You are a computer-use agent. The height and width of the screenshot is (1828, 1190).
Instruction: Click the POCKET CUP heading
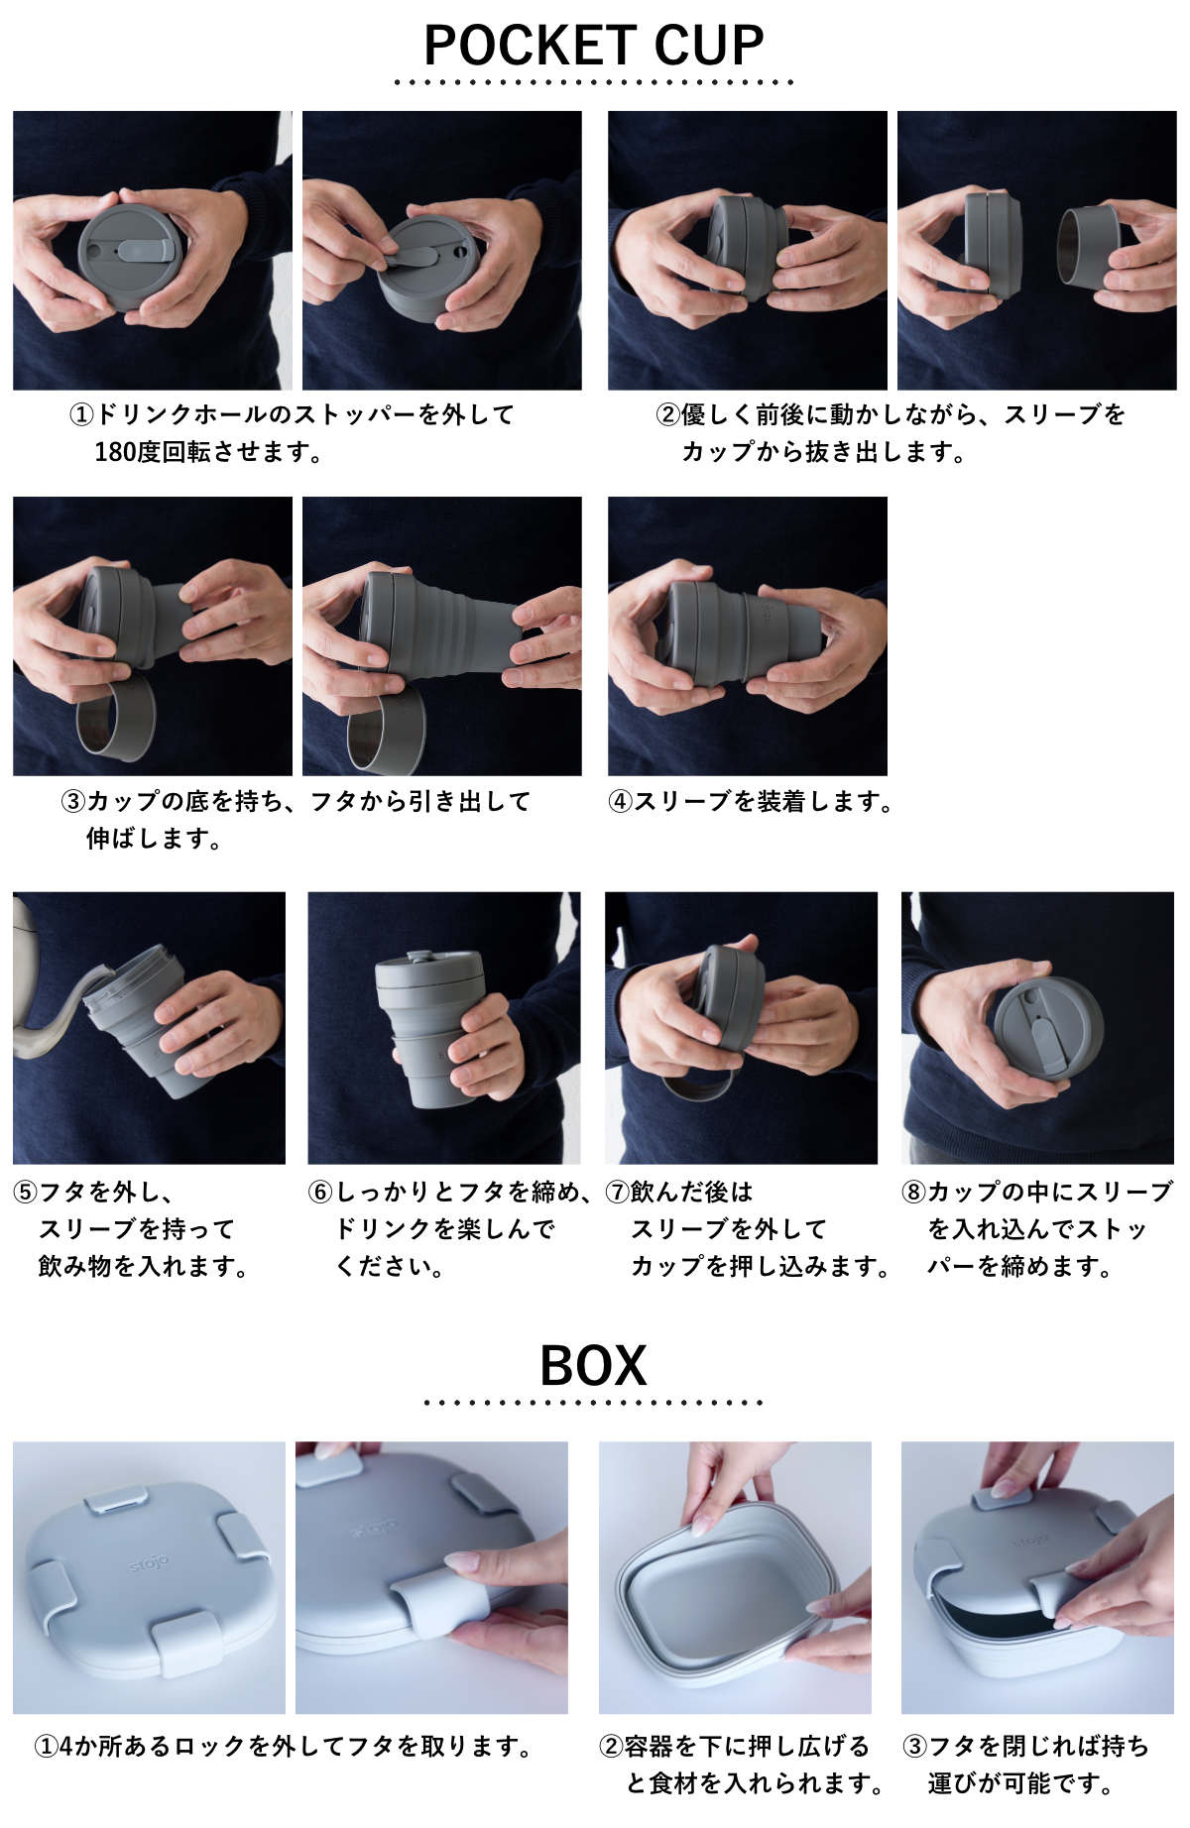coord(594,46)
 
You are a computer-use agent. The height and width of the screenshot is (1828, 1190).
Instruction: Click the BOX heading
coord(593,1365)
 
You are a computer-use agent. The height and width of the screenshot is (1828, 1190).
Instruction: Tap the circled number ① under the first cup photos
coord(81,414)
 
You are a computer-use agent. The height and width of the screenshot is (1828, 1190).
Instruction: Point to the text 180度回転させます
coord(208,452)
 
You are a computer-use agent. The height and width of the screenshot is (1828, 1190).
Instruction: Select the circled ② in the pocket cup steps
coord(668,414)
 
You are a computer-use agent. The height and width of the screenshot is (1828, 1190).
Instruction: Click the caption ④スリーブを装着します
coord(751,801)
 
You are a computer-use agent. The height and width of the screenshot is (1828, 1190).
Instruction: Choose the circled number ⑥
coord(320,1192)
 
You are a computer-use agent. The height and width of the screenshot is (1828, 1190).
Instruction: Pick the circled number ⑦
coord(618,1192)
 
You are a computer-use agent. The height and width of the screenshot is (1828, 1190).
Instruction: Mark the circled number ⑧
coord(913,1192)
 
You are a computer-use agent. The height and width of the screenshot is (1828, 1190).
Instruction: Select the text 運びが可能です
coord(1020,1783)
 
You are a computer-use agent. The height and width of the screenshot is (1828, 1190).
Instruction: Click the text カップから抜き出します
coord(823,452)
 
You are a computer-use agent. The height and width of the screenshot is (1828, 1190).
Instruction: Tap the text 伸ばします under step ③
coord(154,839)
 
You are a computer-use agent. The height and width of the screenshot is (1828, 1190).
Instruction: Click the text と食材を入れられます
coord(756,1783)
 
